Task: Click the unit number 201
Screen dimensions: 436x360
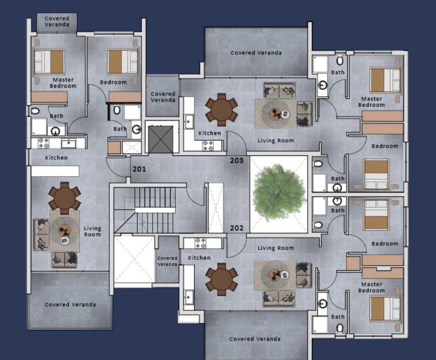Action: coord(139,169)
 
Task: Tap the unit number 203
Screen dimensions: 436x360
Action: coord(237,160)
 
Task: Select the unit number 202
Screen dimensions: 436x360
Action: coord(237,228)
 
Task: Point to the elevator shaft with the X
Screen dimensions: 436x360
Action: coord(161,139)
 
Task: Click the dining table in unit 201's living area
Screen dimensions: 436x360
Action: coord(64,198)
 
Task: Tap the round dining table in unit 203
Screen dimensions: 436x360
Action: coord(222,110)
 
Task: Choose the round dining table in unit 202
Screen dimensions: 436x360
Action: coord(222,279)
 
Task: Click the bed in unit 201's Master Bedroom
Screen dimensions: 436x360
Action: coord(49,62)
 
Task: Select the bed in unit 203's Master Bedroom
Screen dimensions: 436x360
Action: coord(385,80)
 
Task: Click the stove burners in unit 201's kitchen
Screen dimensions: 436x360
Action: coord(43,143)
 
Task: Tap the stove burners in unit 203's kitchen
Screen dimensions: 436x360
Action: coord(208,145)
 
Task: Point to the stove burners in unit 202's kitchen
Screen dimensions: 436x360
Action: coord(201,243)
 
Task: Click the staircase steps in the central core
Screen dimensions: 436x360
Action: coord(154,210)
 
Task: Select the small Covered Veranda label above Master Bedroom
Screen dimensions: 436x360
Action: coord(57,21)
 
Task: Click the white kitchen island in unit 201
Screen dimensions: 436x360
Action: coord(55,171)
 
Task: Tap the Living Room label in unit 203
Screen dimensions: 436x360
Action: coord(275,141)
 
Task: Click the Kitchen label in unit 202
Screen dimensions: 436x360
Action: coord(199,257)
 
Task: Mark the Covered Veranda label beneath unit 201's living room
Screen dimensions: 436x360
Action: coord(71,304)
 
